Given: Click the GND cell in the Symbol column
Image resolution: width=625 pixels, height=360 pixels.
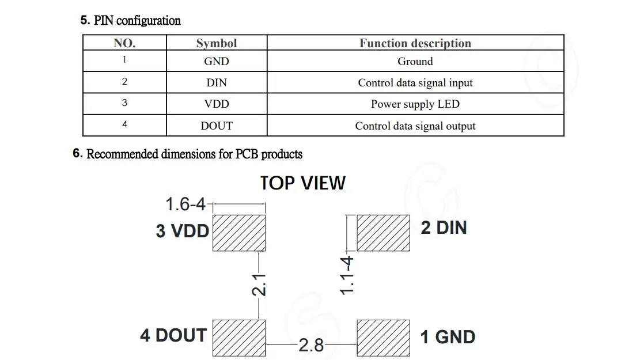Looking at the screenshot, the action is click(x=217, y=61).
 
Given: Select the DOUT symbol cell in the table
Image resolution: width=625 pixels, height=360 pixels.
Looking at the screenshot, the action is click(x=217, y=126).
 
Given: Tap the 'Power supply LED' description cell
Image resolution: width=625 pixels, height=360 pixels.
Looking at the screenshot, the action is click(x=415, y=104).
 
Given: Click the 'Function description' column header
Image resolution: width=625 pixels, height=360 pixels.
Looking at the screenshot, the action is click(x=415, y=43).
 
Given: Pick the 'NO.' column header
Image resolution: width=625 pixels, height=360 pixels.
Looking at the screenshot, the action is click(x=124, y=43).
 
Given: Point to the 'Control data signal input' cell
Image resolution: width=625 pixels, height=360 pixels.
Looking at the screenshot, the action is click(x=415, y=83).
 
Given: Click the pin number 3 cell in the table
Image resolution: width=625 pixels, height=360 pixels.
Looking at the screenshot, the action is click(x=124, y=103).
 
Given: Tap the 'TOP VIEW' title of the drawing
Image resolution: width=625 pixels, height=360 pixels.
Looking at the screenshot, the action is click(x=302, y=183).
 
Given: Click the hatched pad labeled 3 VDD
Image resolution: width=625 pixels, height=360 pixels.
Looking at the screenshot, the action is click(x=239, y=233).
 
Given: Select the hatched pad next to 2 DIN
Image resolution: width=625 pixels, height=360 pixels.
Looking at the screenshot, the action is click(x=383, y=233).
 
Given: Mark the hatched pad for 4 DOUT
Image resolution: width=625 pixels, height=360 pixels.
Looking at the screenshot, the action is click(x=239, y=337).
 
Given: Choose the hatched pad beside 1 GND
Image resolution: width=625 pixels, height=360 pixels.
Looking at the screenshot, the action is click(x=383, y=337).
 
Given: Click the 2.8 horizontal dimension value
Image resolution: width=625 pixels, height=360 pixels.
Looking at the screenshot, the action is click(x=311, y=346).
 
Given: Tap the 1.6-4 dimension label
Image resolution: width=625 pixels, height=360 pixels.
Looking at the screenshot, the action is click(x=185, y=204).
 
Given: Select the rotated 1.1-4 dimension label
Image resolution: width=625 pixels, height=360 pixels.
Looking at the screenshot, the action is click(x=347, y=275).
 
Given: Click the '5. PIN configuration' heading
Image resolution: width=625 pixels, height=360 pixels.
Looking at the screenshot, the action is click(x=131, y=21).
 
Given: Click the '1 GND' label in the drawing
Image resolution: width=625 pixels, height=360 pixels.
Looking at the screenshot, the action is click(x=448, y=337).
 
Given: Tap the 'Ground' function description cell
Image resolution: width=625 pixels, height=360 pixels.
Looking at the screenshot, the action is click(x=415, y=61).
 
